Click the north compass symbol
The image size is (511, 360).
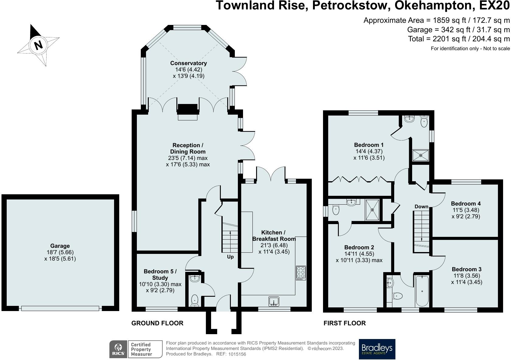38,45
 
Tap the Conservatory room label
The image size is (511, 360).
189,63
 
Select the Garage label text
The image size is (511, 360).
60,246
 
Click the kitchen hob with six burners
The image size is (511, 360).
301,273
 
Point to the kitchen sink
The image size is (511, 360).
274,301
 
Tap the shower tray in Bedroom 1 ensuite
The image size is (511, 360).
421,155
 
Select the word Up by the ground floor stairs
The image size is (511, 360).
230,257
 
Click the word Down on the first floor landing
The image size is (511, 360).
421,206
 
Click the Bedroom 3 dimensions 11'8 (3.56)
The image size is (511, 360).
467,276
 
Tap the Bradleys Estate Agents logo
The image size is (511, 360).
377,349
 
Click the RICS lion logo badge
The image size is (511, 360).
118,349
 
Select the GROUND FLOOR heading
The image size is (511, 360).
157,323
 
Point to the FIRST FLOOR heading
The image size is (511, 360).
344,323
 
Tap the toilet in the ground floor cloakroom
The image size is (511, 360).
195,300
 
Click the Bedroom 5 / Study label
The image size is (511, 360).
160,275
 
